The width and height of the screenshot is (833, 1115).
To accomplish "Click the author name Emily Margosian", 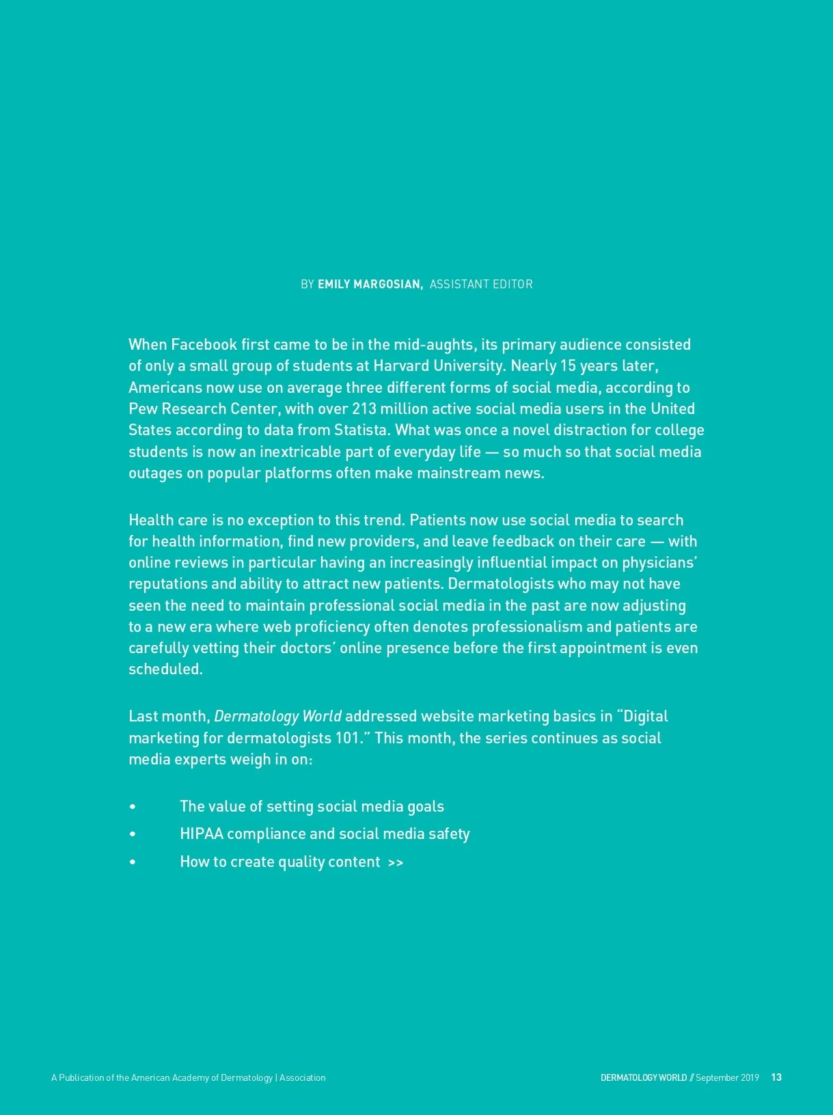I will [x=370, y=284].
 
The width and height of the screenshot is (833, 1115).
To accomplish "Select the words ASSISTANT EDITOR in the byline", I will [x=481, y=284].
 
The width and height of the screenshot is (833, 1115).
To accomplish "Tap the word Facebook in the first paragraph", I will [x=204, y=344].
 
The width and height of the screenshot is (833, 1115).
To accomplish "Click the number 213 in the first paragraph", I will [x=364, y=409].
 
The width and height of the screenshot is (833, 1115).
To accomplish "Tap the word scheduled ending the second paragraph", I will [x=165, y=669].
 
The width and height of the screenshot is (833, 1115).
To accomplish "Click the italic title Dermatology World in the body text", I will [x=277, y=716].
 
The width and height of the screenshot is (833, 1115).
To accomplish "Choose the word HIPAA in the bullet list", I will [x=202, y=834].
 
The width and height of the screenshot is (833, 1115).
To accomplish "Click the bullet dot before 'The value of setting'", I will [x=133, y=807].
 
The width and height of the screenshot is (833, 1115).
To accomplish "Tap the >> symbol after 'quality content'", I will [x=396, y=862].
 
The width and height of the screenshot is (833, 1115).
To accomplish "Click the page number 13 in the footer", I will [x=776, y=1077].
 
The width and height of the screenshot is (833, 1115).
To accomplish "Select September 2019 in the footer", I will [x=727, y=1077].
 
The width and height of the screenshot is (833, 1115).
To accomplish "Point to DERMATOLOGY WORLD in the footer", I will [x=643, y=1077].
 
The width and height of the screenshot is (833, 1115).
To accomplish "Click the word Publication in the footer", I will [x=80, y=1077].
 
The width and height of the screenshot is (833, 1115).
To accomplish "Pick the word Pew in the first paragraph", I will [x=143, y=409].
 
